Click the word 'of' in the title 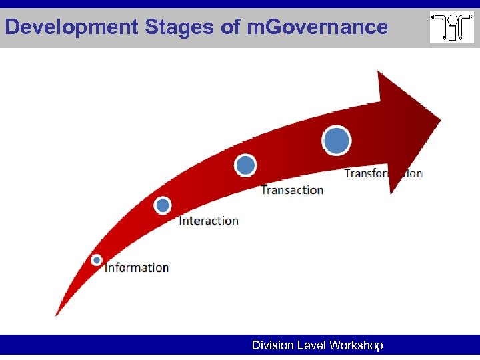213,27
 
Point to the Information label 137,267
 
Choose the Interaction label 209,221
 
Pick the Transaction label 292,190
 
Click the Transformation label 383,173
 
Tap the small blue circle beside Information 97,259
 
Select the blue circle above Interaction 163,205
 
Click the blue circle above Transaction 245,165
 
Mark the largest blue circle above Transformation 336,140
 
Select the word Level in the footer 311,345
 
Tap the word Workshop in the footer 356,345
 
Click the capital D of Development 11,27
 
